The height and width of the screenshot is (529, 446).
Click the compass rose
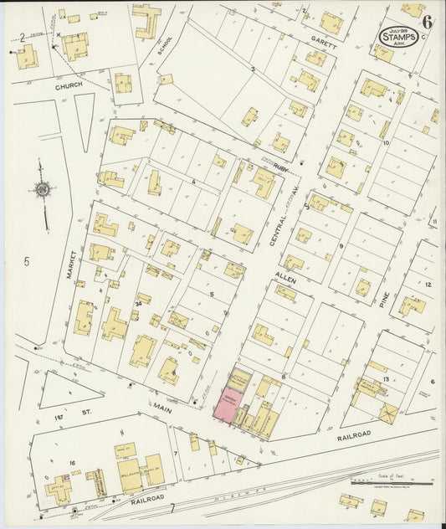click(43, 191)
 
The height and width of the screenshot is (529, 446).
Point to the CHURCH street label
click(73, 85)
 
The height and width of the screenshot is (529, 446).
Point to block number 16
click(73, 461)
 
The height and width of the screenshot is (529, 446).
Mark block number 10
click(386, 143)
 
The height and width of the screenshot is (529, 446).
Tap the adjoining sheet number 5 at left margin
click(26, 262)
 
